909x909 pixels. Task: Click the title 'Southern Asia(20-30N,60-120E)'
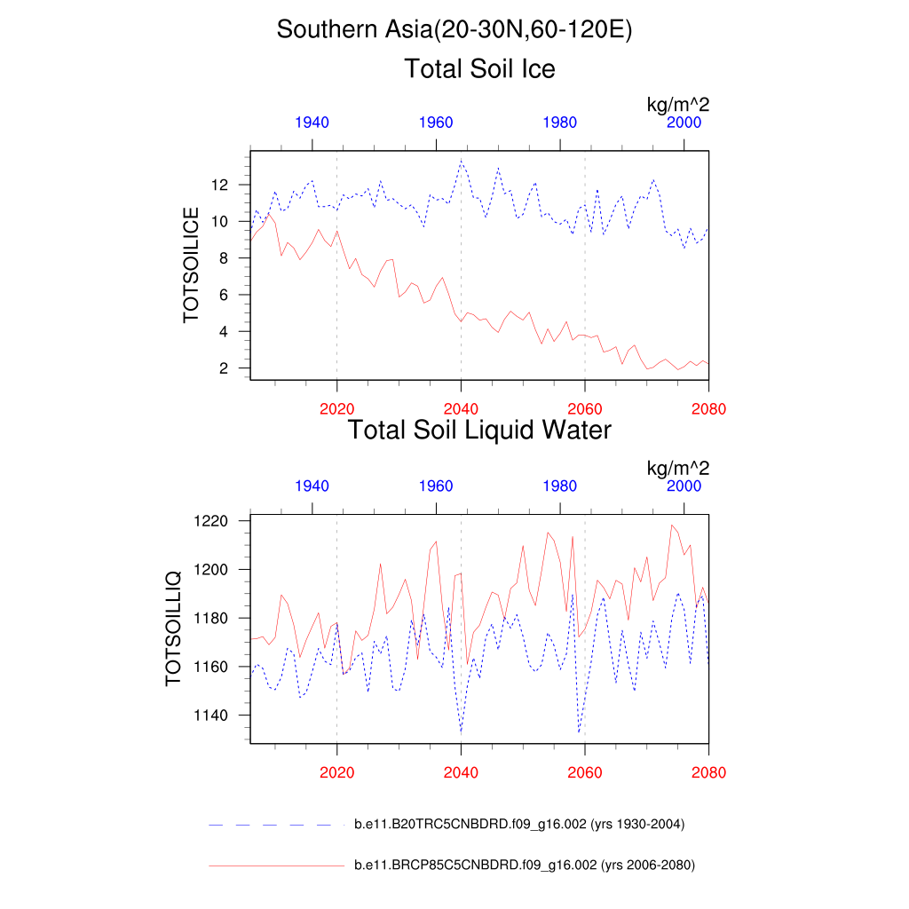(x=454, y=29)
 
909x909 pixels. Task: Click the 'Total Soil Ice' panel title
(x=479, y=68)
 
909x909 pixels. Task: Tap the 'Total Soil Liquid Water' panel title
(x=479, y=431)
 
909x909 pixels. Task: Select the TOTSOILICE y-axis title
(x=191, y=265)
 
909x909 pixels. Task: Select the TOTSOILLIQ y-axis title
(x=173, y=628)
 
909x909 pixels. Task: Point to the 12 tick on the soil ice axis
(x=220, y=185)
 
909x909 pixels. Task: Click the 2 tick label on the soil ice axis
(x=225, y=368)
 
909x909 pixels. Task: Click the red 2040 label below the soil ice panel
(x=461, y=409)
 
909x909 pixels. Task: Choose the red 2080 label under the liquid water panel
(x=708, y=772)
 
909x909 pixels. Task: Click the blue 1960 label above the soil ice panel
(x=436, y=123)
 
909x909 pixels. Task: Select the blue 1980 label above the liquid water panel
(x=560, y=486)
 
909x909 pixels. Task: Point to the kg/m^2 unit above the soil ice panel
(x=677, y=105)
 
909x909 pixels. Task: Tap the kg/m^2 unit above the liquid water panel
(x=677, y=468)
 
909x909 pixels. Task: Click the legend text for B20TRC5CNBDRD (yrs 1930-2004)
(x=519, y=825)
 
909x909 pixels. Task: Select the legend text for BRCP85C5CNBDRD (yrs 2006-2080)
(x=524, y=865)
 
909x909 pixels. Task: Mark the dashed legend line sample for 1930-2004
(x=275, y=826)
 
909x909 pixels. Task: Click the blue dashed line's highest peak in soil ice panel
(x=461, y=161)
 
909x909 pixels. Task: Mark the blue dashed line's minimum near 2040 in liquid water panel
(x=461, y=731)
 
